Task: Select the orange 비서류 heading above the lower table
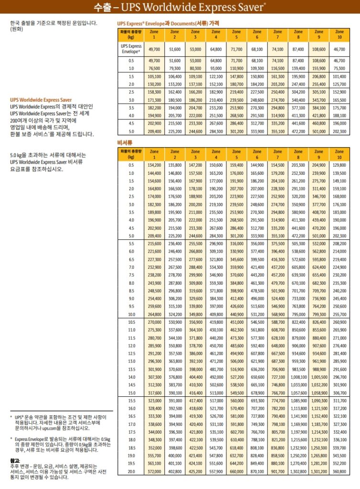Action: tap(125, 142)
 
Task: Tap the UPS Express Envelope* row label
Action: tap(131, 49)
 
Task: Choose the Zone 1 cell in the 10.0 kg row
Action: tap(154, 315)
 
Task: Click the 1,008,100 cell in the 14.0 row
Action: tap(298, 377)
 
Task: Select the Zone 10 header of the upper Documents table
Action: tap(339, 35)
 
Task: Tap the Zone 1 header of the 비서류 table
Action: tap(154, 154)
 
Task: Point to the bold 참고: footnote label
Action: tap(15, 460)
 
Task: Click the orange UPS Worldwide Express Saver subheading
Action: tap(41, 100)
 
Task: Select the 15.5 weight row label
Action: tap(131, 400)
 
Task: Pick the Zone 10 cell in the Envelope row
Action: tap(339, 49)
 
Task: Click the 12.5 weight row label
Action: tap(131, 353)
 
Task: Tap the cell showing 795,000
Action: tap(298, 315)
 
